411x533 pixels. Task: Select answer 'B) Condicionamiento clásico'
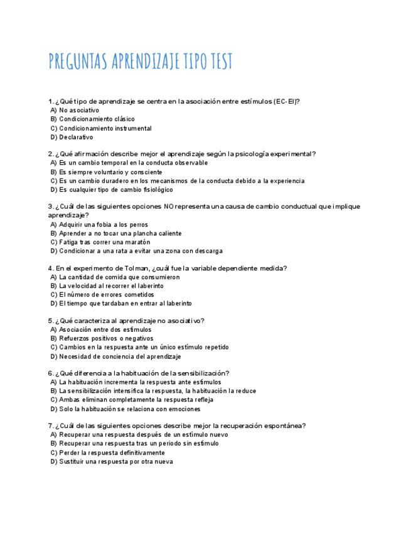[x=92, y=119]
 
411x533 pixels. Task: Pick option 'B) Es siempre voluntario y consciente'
[x=106, y=172]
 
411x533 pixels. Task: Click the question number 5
[x=50, y=321]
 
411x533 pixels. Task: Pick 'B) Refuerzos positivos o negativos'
[x=102, y=338]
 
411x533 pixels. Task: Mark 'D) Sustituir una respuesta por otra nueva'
[x=112, y=461]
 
